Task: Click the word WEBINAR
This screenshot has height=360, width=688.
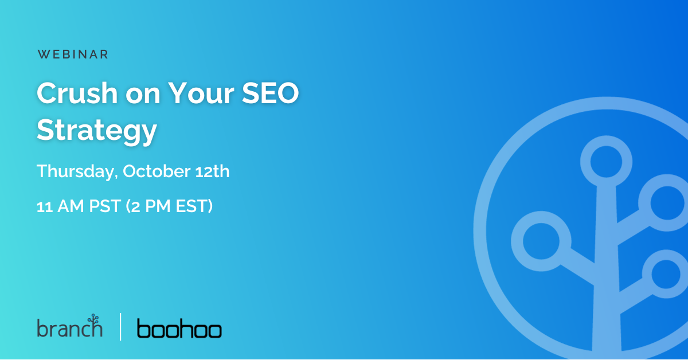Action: click(73, 54)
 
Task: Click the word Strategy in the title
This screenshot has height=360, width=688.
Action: click(97, 131)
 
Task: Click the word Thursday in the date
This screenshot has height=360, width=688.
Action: click(76, 171)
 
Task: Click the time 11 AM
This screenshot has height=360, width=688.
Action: click(56, 206)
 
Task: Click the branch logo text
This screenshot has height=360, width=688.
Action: click(68, 329)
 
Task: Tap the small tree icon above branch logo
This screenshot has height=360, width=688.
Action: click(93, 319)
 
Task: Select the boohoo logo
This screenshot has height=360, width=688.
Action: click(179, 329)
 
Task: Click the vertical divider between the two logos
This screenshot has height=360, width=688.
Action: click(120, 327)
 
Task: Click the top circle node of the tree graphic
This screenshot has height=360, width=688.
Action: click(606, 161)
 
